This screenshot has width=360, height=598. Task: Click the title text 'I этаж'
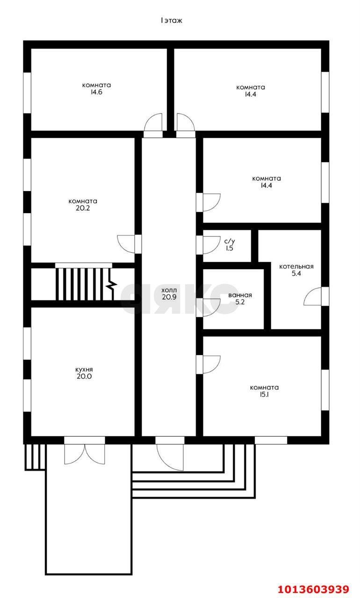(x=171, y=21)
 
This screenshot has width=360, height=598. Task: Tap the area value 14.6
(x=96, y=92)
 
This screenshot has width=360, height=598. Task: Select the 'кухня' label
(x=84, y=370)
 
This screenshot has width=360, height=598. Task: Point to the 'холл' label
(x=169, y=290)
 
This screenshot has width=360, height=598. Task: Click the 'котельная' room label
(x=296, y=266)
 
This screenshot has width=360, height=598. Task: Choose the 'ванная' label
(x=240, y=295)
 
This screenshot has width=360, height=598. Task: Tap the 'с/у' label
(x=230, y=242)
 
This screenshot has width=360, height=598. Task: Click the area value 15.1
(x=264, y=395)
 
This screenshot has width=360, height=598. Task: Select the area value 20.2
(x=83, y=208)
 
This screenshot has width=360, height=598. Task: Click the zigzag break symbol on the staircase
(x=112, y=286)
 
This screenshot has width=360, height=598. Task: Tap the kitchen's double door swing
(x=85, y=454)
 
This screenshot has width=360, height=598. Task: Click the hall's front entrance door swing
(x=170, y=457)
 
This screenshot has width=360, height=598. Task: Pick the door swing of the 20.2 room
(x=126, y=244)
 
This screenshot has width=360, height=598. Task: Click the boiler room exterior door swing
(x=312, y=296)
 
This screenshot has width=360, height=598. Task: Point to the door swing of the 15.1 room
(x=211, y=364)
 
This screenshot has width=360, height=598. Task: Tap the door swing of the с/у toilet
(x=211, y=245)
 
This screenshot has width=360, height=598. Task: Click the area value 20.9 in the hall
(x=169, y=297)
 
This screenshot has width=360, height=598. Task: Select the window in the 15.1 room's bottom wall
(x=271, y=440)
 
